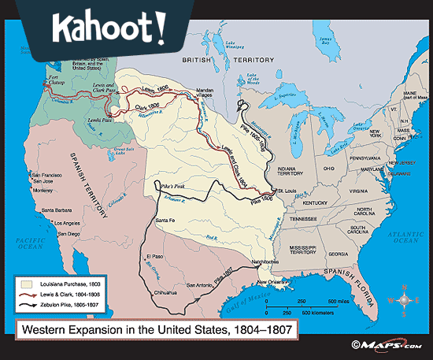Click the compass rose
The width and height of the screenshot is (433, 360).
(x=403, y=299)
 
